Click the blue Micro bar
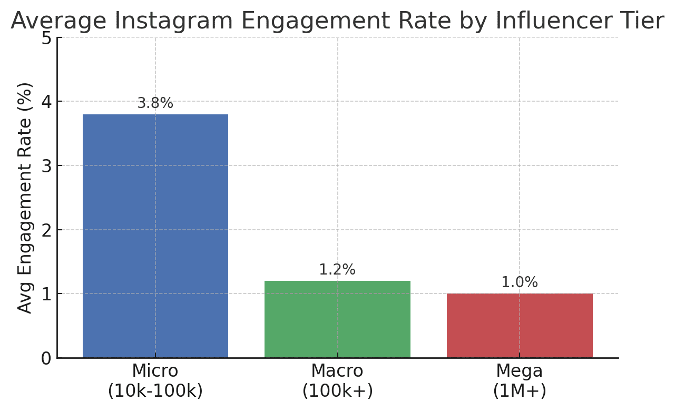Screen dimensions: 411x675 155,236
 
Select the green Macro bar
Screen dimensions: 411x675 337,319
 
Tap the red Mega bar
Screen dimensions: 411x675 520,325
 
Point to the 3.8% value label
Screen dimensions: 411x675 155,103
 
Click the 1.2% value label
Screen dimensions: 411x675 337,270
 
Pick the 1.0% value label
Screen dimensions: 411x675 520,282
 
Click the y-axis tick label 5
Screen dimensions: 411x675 46,38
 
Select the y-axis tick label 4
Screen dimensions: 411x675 46,102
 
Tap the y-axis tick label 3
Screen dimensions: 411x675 46,166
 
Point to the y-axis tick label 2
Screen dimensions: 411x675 46,230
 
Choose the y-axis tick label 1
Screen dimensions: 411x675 46,294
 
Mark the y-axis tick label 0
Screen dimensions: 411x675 46,358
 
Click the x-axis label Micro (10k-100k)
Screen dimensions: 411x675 155,381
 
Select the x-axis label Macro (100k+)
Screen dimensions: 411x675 337,381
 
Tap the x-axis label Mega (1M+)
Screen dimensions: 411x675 520,381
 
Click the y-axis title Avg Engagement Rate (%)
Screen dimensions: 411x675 25,198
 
